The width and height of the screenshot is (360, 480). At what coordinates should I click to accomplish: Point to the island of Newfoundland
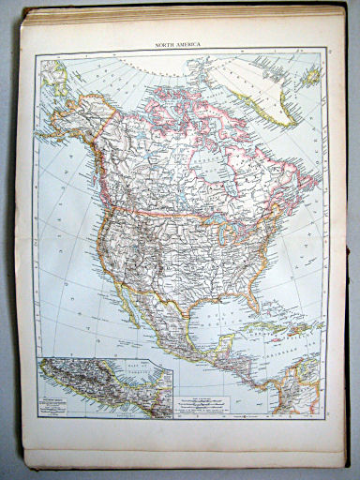click(305, 206)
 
